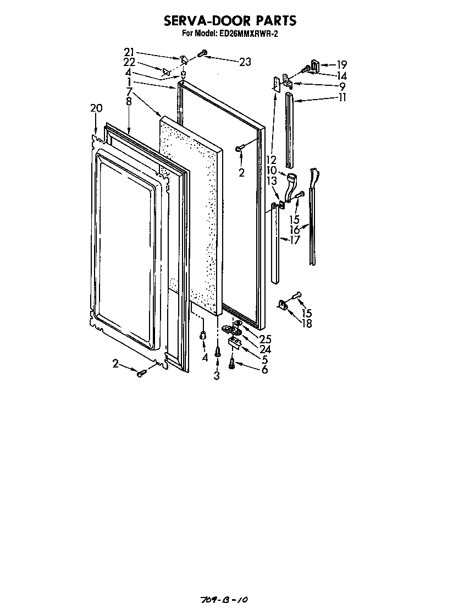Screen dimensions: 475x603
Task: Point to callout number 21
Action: click(129, 52)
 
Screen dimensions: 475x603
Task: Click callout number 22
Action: click(129, 62)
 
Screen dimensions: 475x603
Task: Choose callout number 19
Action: click(341, 64)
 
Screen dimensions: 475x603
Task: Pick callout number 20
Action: click(96, 108)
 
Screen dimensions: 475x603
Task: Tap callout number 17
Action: click(294, 240)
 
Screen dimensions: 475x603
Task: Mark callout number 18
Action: click(306, 324)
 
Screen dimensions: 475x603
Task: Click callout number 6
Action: click(264, 370)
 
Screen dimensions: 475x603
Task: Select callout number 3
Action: click(217, 376)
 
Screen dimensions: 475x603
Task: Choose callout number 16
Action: click(295, 230)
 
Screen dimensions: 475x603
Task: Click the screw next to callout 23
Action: click(202, 52)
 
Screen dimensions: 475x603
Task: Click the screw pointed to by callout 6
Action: click(233, 363)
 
